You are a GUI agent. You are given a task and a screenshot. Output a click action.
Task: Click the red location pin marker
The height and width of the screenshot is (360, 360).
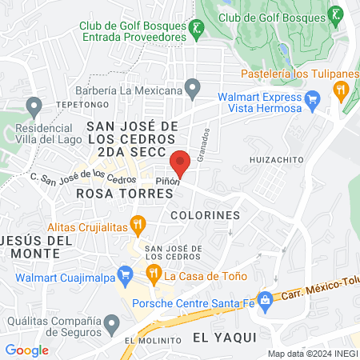[180, 162]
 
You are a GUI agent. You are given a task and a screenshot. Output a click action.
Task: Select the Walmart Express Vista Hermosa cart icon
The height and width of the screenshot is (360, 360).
[313, 100]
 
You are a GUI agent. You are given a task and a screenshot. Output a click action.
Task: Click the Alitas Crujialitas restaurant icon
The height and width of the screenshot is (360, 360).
[139, 226]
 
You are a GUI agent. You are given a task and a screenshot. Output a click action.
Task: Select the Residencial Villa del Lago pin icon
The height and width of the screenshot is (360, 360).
[34, 105]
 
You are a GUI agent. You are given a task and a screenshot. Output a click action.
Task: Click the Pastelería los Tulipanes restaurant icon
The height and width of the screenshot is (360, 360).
[342, 90]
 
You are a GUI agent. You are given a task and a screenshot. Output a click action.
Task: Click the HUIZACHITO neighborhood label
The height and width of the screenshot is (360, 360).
[277, 159]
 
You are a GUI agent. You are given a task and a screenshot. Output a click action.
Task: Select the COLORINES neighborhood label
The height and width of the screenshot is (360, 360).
[206, 215]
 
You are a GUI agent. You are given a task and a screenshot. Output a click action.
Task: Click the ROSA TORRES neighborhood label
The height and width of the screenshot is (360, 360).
[112, 193]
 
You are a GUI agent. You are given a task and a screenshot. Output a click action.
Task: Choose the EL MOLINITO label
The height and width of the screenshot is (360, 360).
[152, 342]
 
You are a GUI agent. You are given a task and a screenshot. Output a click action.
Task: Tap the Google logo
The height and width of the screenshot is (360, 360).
[27, 350]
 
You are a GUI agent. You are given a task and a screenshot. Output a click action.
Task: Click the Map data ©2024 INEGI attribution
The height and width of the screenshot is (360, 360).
[312, 354]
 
